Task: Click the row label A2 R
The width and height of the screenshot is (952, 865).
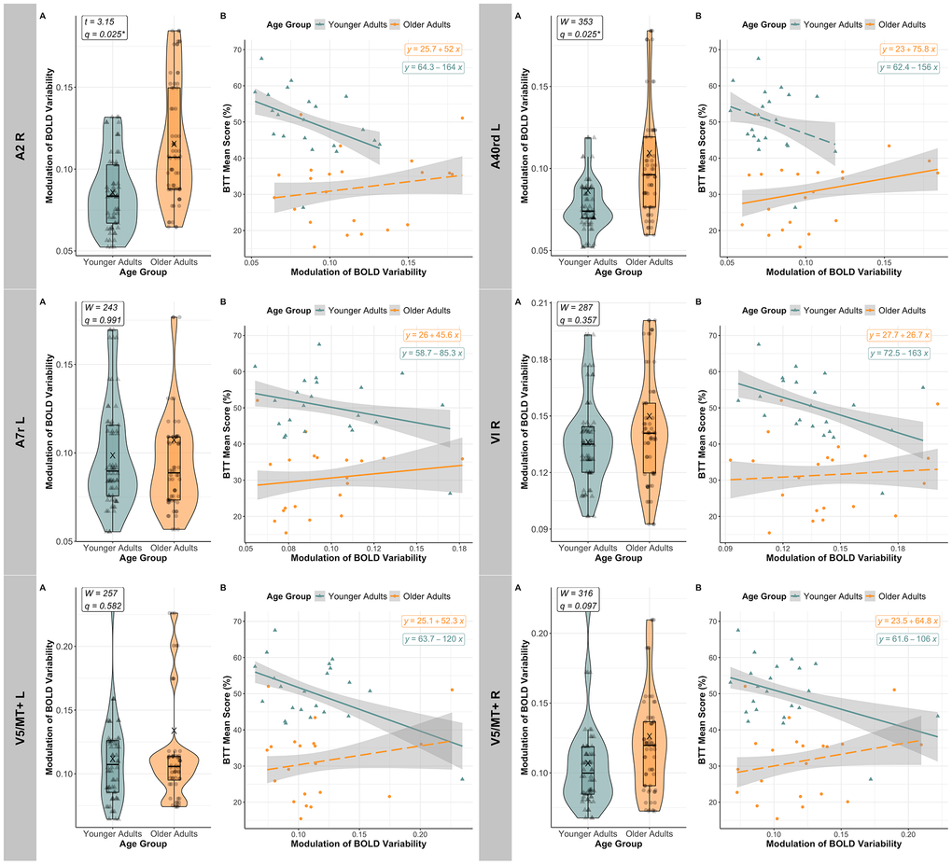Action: tap(18, 145)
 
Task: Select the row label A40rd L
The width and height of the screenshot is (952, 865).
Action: tap(495, 145)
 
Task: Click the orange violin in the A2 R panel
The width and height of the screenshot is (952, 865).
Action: tap(174, 140)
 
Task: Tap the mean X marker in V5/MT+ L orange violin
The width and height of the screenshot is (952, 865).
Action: tap(173, 731)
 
